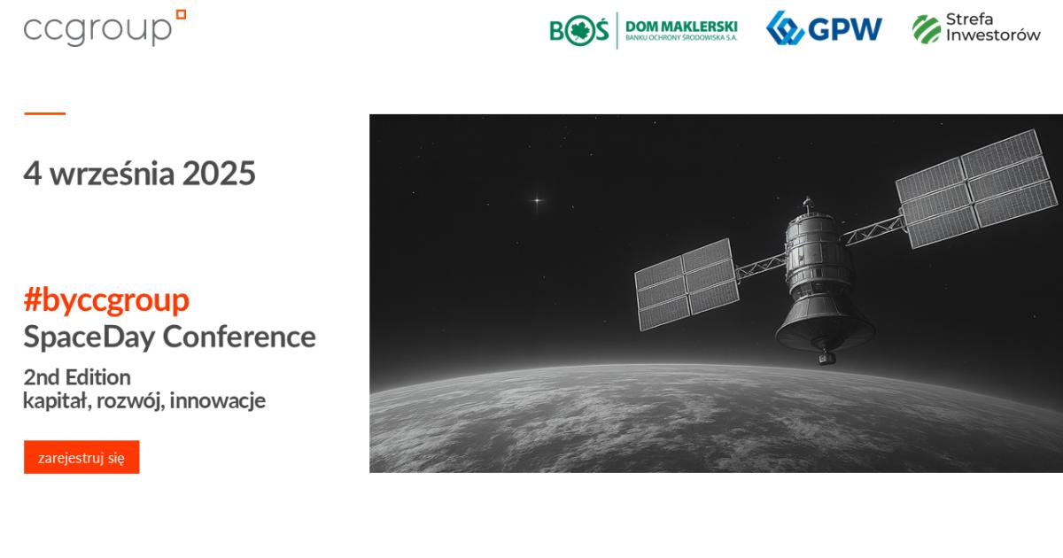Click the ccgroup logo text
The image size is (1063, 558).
coord(97,30)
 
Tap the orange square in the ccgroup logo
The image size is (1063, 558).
coord(181,14)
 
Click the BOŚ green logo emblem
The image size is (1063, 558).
coord(579,30)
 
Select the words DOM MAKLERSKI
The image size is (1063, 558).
coord(681,27)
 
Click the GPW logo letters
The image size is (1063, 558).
coord(845,29)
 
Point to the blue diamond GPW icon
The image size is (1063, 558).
coord(785,28)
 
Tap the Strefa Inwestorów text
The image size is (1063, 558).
coord(993,27)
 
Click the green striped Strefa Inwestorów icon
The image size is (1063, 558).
coord(927,29)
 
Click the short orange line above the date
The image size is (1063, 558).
coord(44,113)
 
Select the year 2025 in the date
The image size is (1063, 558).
coord(219,174)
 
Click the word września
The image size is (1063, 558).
coord(113,174)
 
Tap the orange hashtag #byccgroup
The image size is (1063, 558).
coord(106,301)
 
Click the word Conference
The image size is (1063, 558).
coord(239,337)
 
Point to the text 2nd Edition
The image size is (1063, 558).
coord(77,377)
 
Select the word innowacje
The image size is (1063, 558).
coord(218,400)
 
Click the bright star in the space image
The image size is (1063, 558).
coord(537,200)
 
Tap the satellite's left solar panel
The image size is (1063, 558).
coord(687,284)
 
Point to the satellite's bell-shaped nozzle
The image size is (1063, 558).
coord(825,323)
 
